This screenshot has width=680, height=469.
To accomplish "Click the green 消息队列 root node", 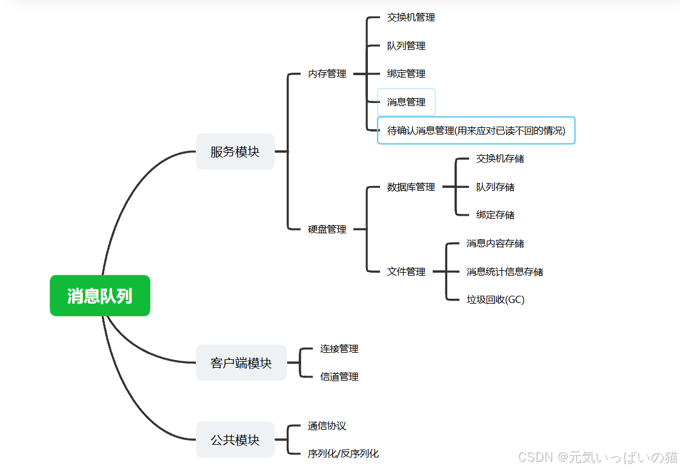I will coord(100,296).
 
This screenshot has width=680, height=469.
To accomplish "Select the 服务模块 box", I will coord(235,151).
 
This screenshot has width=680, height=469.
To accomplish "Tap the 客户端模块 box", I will coord(241,363).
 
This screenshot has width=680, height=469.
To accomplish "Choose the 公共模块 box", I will coord(235,440).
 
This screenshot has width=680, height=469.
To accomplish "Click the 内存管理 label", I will coord(327,74).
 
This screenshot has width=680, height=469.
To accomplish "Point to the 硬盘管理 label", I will coord(327,230).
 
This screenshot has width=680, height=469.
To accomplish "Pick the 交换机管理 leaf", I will coord(411,18).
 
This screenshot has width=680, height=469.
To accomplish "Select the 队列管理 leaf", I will coord(406,46).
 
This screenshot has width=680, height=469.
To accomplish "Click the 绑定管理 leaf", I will coord(406,74).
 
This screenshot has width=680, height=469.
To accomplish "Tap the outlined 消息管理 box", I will coord(406,102).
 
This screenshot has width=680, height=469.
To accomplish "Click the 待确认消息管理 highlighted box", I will coord(476,130).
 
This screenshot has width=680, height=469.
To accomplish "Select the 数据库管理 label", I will coord(411,187).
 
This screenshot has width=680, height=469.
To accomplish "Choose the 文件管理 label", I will coord(406,272).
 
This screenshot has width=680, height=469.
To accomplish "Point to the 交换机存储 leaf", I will coord(500,159).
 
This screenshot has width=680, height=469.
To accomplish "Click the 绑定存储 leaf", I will coord(495,215).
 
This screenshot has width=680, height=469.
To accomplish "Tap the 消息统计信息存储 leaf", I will coord(505,272).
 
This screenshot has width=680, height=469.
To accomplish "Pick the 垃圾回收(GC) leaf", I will coord(495,300).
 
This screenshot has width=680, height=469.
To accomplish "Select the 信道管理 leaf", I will coord(339,377).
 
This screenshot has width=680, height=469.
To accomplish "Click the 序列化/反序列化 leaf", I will coord(343,454).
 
